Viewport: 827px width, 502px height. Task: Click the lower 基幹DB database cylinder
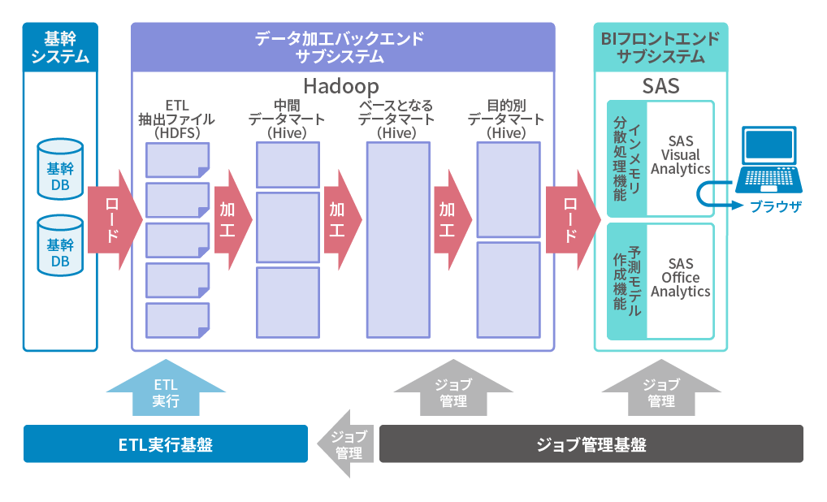(60, 245)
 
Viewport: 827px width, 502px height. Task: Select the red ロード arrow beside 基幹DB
(113, 219)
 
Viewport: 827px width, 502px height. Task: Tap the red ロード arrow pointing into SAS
(571, 219)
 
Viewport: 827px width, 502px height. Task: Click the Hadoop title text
(341, 85)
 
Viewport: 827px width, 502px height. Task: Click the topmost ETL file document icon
(177, 159)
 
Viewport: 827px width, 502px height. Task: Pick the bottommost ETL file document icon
(177, 319)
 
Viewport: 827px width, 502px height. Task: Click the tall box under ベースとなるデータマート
(398, 239)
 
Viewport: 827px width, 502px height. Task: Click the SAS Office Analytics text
(681, 278)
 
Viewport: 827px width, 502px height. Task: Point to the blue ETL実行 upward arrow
(166, 389)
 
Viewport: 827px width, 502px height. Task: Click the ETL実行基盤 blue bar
(166, 444)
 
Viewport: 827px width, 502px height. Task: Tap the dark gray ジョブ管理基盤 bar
(591, 444)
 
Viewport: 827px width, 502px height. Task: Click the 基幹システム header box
(60, 46)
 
